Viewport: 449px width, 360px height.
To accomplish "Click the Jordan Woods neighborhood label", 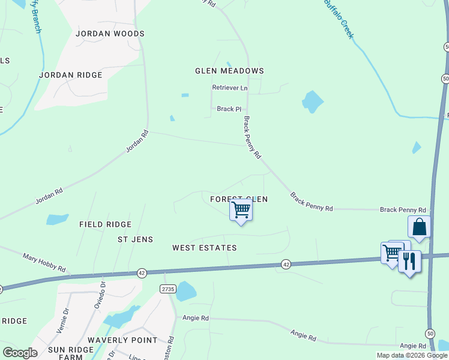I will pyautogui.click(x=110, y=34).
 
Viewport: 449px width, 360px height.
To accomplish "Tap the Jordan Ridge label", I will pyautogui.click(x=71, y=75).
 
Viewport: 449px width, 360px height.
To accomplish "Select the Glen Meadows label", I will pyautogui.click(x=229, y=71).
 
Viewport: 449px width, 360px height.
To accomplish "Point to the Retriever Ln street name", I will pyautogui.click(x=229, y=88).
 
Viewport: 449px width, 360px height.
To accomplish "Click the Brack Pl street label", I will pyautogui.click(x=229, y=109).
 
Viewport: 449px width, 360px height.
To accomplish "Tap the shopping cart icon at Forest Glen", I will pyautogui.click(x=241, y=211).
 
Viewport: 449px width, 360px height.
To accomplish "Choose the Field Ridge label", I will pyautogui.click(x=105, y=224).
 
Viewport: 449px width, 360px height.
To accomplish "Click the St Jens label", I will pyautogui.click(x=135, y=239).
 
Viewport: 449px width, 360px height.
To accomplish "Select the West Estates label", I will pyautogui.click(x=204, y=248).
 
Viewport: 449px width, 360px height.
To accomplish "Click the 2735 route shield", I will pyautogui.click(x=167, y=289).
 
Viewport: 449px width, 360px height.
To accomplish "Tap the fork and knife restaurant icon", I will pyautogui.click(x=409, y=262).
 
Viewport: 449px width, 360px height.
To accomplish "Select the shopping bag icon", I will pyautogui.click(x=419, y=227).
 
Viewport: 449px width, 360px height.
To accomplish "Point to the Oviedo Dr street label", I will pyautogui.click(x=98, y=295).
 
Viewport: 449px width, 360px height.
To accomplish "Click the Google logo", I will pyautogui.click(x=20, y=353).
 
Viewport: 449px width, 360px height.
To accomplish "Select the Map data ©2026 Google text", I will pyautogui.click(x=411, y=355).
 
